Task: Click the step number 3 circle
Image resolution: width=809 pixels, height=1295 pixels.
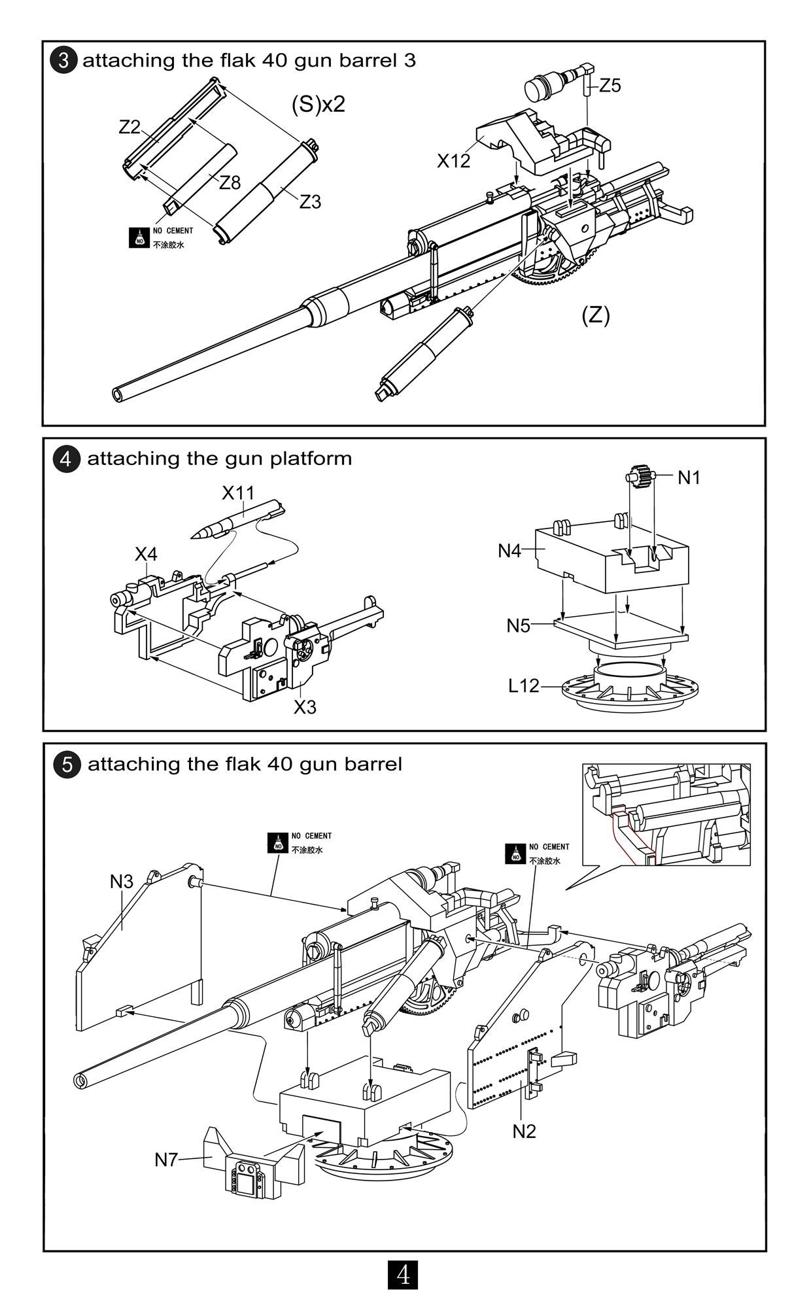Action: pos(63,61)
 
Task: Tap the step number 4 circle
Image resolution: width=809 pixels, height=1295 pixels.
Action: pos(66,458)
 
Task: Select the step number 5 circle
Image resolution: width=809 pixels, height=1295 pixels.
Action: pos(67,764)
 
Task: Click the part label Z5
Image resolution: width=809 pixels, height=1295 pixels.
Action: pos(610,86)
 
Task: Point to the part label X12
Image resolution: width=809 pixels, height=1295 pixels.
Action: pos(453,161)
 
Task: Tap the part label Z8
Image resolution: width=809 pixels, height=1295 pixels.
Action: pos(230,182)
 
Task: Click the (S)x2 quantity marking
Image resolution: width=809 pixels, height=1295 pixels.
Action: pos(318,104)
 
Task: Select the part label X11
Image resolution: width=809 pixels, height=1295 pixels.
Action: pos(237,492)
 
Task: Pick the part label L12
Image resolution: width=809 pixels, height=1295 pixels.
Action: pos(524,686)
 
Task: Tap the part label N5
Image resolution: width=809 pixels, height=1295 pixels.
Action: pos(518,626)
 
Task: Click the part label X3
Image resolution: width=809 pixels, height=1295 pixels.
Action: pos(305,707)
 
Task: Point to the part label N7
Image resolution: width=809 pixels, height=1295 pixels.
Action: pos(166,1160)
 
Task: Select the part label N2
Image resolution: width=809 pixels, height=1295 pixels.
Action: pos(524,1131)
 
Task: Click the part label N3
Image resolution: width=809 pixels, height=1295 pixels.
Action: pos(121,882)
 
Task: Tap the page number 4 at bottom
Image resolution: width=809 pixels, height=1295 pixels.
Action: pos(404,1274)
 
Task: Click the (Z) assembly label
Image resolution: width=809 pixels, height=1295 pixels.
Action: pos(595,315)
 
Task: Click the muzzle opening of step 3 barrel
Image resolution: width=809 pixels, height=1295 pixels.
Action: pos(118,394)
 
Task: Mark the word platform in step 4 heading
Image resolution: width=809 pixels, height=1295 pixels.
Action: pos(310,458)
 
